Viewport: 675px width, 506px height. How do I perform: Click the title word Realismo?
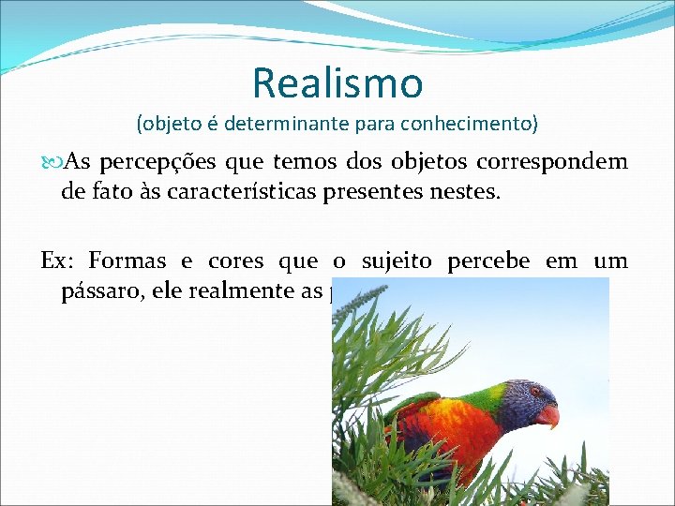(x=337, y=82)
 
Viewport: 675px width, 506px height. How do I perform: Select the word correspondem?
(x=552, y=161)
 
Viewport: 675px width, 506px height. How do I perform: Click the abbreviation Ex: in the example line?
(x=59, y=261)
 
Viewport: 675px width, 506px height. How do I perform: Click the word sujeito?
(x=398, y=261)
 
